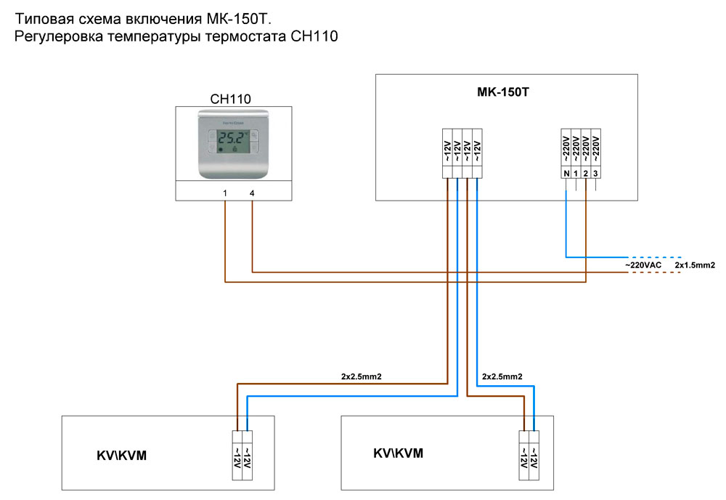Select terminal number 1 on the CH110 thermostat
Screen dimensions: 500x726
(225, 193)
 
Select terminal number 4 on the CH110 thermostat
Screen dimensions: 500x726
(252, 193)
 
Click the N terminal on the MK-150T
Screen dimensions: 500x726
(566, 174)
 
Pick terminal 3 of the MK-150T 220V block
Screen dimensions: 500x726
(595, 174)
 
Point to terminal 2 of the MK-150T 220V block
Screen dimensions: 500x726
(585, 174)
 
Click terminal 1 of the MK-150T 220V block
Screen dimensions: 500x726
(576, 174)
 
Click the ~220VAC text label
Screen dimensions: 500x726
(643, 265)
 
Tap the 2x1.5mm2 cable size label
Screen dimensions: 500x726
(695, 265)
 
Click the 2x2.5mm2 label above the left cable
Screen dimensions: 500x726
(361, 376)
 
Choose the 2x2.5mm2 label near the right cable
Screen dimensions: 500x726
(502, 376)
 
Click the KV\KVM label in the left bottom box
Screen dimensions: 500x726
(122, 456)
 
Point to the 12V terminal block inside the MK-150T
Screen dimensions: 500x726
(462, 153)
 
